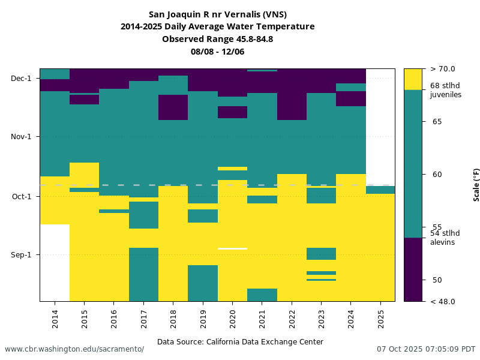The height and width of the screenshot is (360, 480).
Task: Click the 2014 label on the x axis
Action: [x=55, y=317]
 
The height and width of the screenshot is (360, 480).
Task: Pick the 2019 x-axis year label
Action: [x=203, y=317]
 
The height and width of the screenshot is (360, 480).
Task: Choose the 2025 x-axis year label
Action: [x=380, y=317]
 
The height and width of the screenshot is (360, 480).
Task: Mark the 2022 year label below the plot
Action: [x=292, y=317]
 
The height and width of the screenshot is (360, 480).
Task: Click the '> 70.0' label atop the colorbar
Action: [x=443, y=69]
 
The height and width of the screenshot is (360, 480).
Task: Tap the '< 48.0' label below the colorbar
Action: [x=443, y=302]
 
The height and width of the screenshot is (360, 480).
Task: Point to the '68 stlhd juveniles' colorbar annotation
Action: [x=445, y=90]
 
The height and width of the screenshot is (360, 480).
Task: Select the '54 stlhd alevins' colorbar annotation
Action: [x=445, y=238]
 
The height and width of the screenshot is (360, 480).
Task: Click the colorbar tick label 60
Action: [x=437, y=175]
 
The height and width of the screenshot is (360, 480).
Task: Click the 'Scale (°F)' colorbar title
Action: [x=476, y=185]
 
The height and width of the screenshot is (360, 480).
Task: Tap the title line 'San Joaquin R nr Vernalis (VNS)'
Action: [x=217, y=14]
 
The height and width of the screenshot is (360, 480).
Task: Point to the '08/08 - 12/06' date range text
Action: [x=217, y=52]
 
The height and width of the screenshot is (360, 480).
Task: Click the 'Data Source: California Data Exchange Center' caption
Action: [x=240, y=342]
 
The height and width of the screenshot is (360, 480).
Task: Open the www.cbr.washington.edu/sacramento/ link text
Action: [x=74, y=349]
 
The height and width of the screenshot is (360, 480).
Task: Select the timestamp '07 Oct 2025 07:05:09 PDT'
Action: [x=426, y=349]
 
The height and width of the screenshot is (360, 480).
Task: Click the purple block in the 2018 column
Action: [x=173, y=107]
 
